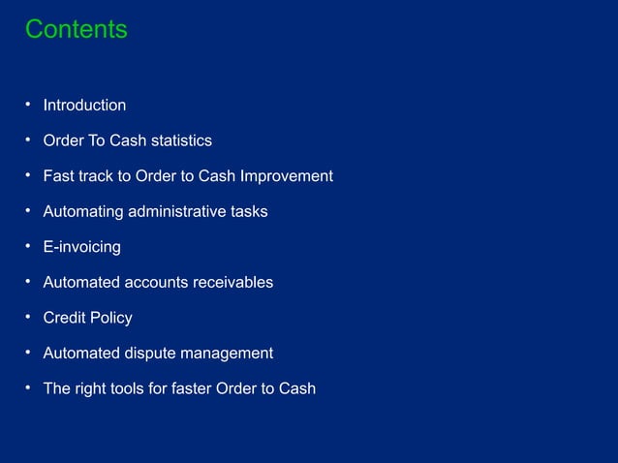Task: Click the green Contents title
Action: point(76,30)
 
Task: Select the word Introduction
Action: point(84,106)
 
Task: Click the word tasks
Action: point(249,211)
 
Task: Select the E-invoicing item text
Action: point(82,247)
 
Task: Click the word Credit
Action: point(65,318)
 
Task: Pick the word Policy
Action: point(111,318)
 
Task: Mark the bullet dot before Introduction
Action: point(29,104)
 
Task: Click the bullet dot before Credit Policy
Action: point(29,317)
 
